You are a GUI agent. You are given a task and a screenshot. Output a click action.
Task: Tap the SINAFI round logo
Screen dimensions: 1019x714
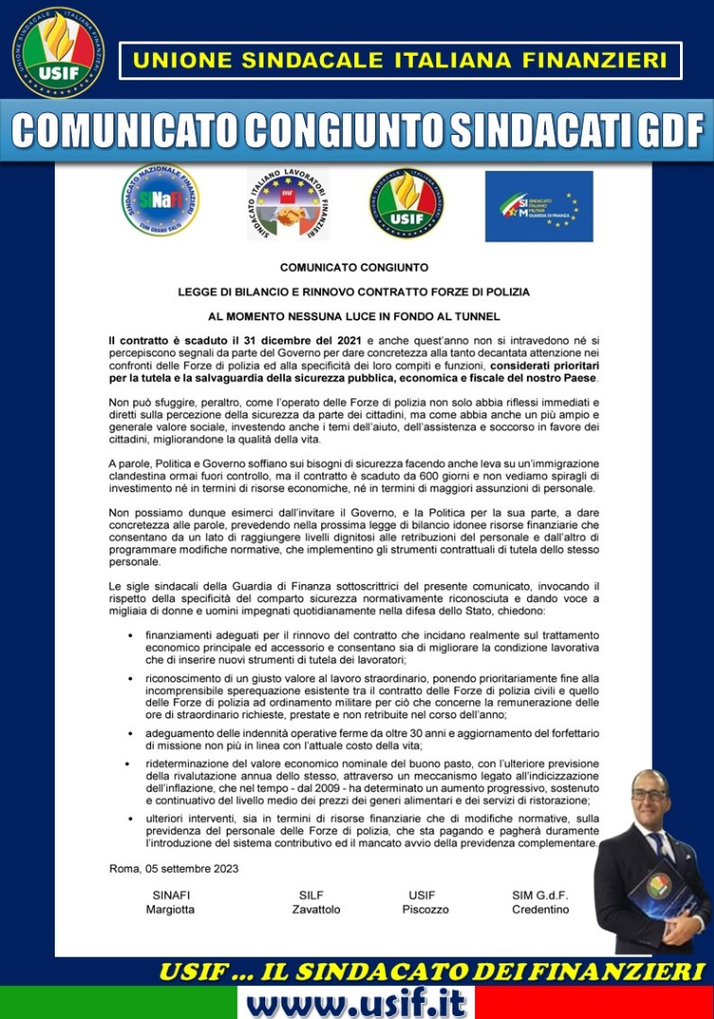[x=161, y=200]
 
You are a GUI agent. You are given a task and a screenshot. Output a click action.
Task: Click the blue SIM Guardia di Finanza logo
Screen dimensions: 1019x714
[x=538, y=206]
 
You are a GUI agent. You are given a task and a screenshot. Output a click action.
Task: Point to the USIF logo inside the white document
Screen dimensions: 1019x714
[x=407, y=203]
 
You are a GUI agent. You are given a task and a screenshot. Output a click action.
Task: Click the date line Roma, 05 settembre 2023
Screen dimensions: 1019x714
[x=174, y=868]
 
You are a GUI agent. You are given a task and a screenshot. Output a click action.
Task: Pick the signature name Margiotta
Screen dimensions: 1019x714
[x=170, y=910]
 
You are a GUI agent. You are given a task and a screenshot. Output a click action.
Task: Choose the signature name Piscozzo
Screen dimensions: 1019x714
[x=425, y=910]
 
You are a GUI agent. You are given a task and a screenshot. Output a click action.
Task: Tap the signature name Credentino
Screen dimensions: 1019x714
[x=540, y=910]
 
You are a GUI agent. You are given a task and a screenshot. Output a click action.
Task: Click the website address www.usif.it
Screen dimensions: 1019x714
[x=356, y=1002]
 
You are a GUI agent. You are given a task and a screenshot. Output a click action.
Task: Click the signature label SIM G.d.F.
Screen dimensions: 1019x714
[x=540, y=894]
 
